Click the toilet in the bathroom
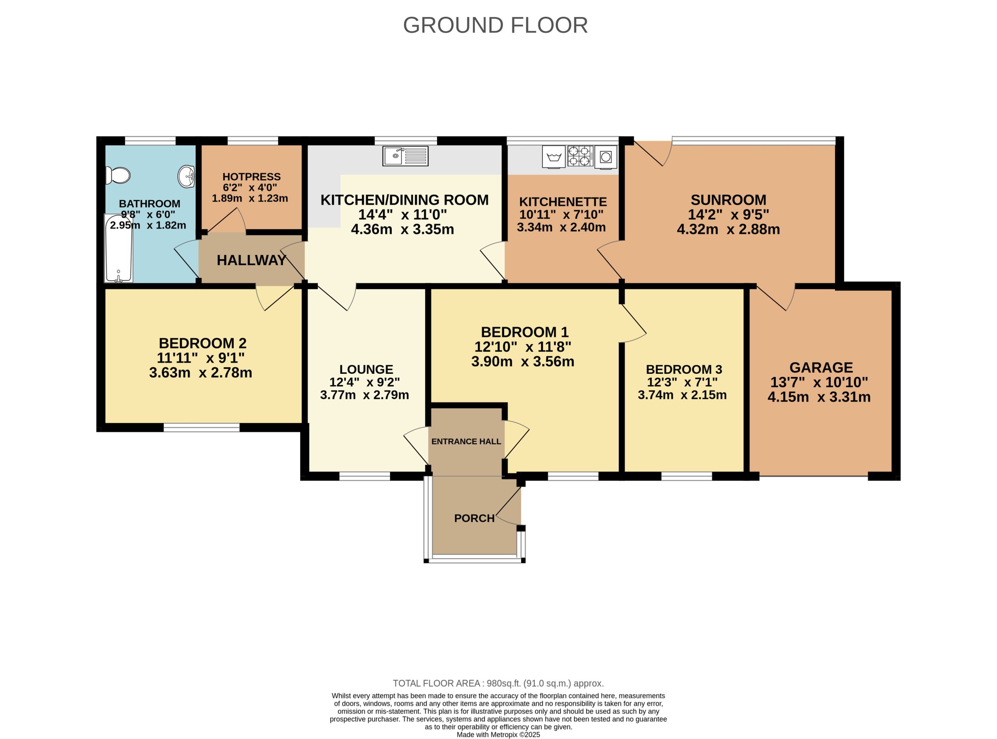pyautogui.click(x=118, y=175)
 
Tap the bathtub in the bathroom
pyautogui.click(x=118, y=248)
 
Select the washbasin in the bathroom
pyautogui.click(x=186, y=176)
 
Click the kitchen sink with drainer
pyautogui.click(x=405, y=156)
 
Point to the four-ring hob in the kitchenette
pyautogui.click(x=580, y=156)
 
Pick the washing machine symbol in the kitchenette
pyautogui.click(x=553, y=157)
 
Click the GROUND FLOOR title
pyautogui.click(x=495, y=25)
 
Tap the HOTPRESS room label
pyautogui.click(x=252, y=177)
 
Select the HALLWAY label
pyautogui.click(x=251, y=260)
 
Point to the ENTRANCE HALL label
pyautogui.click(x=466, y=442)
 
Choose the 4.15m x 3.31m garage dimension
pyautogui.click(x=819, y=397)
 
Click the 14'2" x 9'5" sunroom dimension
pyautogui.click(x=728, y=215)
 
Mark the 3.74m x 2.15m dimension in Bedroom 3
pyautogui.click(x=682, y=395)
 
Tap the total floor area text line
pyautogui.click(x=498, y=684)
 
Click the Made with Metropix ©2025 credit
pyautogui.click(x=498, y=735)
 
